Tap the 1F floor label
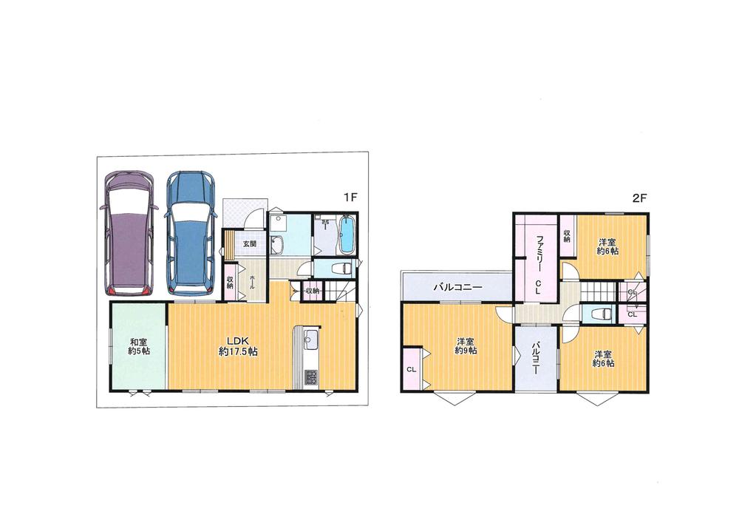[x=350, y=198]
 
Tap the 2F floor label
[x=638, y=198]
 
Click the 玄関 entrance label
[x=249, y=244]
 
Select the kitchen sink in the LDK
[x=310, y=337]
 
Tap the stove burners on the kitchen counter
[x=311, y=377]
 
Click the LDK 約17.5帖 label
[x=238, y=347]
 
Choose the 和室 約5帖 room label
[x=139, y=347]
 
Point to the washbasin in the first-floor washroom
[x=276, y=244]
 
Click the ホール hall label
[x=252, y=283]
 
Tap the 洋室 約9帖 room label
[x=466, y=346]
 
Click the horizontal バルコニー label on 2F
[x=457, y=286]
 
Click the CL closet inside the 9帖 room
[x=412, y=370]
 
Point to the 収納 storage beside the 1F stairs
[x=312, y=291]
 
